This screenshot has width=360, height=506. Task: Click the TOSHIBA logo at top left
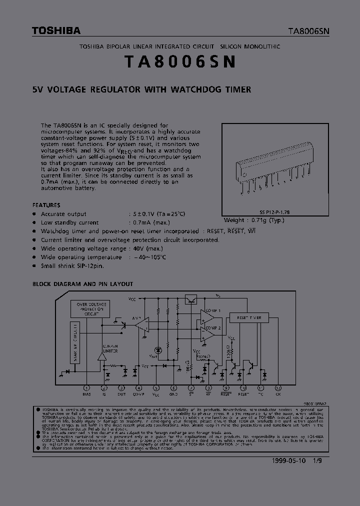[x=56, y=31]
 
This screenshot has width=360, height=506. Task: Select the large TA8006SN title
[x=180, y=62]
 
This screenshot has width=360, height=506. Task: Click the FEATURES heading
[x=46, y=205]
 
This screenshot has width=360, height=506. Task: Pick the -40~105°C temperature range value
[x=149, y=257]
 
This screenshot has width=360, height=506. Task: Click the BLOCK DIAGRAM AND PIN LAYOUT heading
[x=82, y=284]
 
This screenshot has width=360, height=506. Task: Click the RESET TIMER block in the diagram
[x=248, y=317]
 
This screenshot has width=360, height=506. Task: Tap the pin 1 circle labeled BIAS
[x=86, y=388]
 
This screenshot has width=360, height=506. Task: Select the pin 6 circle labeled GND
[x=173, y=388]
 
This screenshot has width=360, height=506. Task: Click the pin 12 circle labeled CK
[x=278, y=388]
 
